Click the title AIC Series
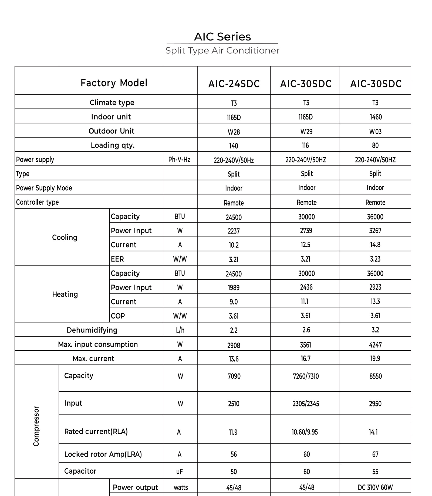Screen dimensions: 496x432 (x=222, y=37)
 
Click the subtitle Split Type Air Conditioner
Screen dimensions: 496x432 (x=222, y=50)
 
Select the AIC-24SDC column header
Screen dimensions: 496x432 (x=234, y=84)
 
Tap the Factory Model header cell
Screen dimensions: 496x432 (x=114, y=83)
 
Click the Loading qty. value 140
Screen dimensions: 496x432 (x=234, y=146)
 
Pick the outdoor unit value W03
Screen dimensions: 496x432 (x=375, y=132)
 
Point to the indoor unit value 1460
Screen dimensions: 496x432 (x=376, y=117)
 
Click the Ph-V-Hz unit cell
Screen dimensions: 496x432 (x=179, y=160)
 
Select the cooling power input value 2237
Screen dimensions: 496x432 (x=234, y=231)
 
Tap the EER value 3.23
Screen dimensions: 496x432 (x=375, y=259)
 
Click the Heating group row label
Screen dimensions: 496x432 (x=65, y=294)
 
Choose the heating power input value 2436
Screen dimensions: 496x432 (x=306, y=287)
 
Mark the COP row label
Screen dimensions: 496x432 (x=118, y=316)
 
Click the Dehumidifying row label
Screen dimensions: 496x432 (x=92, y=330)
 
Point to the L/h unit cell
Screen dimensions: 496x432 (x=180, y=330)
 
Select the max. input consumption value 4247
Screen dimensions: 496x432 (x=375, y=345)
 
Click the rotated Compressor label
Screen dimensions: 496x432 (x=36, y=426)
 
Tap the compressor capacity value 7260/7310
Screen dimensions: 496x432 (x=306, y=376)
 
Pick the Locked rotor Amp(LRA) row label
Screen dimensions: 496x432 (x=103, y=454)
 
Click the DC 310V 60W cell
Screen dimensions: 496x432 (x=375, y=488)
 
